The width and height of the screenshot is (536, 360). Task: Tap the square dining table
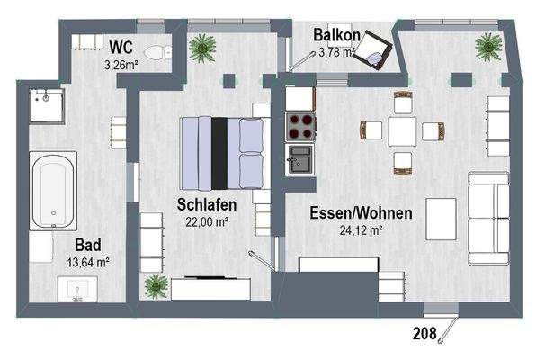(x=401, y=130)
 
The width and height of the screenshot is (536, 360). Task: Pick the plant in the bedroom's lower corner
(x=158, y=286)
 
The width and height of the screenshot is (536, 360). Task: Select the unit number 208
(x=424, y=333)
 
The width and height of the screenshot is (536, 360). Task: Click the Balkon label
(x=337, y=36)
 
